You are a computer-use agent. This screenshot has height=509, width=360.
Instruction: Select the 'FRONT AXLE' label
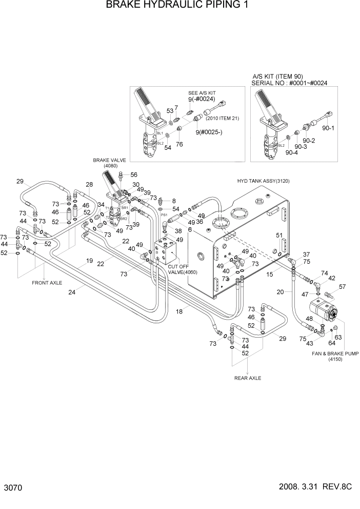(x=47, y=283)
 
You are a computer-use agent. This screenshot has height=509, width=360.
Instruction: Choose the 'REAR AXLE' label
(x=248, y=378)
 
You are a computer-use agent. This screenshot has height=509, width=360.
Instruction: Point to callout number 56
(x=133, y=174)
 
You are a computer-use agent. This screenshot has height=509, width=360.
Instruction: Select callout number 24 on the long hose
(x=72, y=293)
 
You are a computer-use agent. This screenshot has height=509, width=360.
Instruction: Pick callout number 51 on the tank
(x=279, y=236)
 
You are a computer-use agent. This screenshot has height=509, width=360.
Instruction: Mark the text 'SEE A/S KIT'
(x=202, y=94)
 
